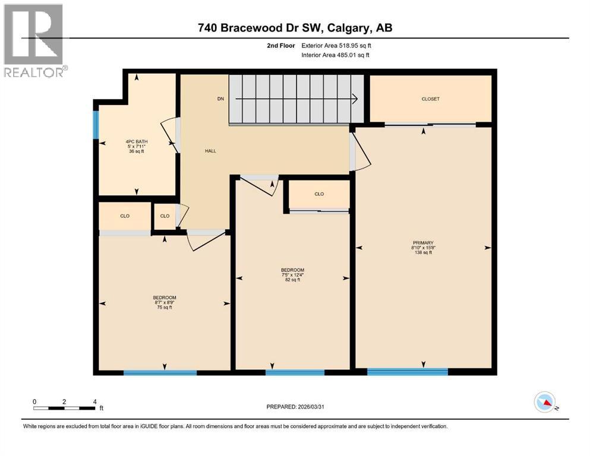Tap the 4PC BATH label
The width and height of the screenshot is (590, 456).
point(136,146)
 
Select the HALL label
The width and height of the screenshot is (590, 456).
point(210,151)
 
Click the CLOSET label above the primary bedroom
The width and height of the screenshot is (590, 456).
point(430,99)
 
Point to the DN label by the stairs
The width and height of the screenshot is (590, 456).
point(220,99)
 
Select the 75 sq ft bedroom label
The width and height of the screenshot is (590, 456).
point(164,302)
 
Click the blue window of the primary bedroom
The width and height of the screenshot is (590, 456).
point(407,372)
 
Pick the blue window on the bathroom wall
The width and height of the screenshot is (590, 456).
point(96,125)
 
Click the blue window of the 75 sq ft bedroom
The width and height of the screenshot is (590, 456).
point(160,373)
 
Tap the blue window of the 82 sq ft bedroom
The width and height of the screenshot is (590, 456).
point(295,373)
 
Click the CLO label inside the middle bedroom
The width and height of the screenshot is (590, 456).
point(319,194)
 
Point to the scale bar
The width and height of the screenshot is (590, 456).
point(64,407)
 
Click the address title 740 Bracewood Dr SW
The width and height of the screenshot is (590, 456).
point(295,27)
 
